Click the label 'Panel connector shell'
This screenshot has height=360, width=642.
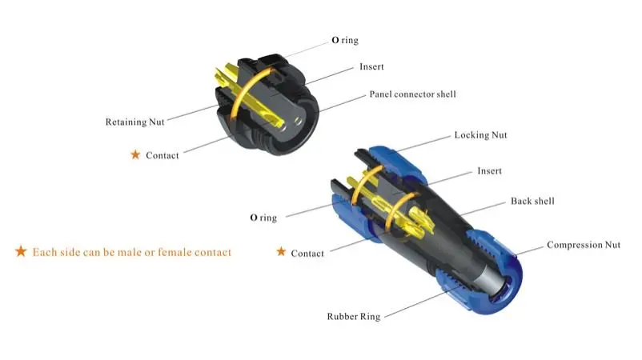(412, 94)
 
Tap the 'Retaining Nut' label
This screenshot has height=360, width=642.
(135, 122)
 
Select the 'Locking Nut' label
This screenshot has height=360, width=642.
(480, 135)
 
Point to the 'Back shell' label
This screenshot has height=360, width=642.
(532, 201)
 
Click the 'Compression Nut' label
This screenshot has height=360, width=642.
(586, 245)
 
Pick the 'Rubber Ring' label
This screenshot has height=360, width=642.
(353, 317)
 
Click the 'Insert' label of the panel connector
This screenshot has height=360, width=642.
(371, 67)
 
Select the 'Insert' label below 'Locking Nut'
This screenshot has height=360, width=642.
(489, 171)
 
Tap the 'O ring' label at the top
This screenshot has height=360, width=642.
(346, 39)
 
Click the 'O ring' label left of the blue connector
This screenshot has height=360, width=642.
(263, 218)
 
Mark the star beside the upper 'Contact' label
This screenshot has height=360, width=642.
(135, 154)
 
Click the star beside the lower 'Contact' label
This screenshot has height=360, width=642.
(281, 252)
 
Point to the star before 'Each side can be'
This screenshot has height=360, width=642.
(21, 252)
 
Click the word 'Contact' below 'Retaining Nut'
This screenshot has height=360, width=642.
(163, 155)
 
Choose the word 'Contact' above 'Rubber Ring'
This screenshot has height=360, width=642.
(307, 254)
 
